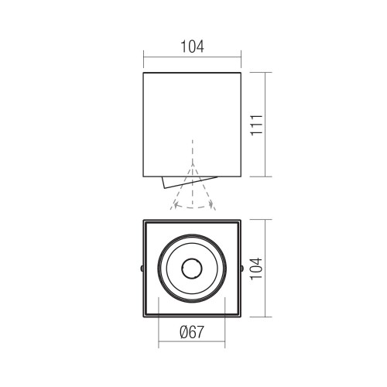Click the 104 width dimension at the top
pyautogui.click(x=192, y=46)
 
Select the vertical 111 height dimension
pyautogui.click(x=257, y=125)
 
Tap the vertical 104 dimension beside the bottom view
pyautogui.click(x=257, y=268)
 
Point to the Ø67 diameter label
pyautogui.click(x=192, y=332)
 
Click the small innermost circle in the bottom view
pyautogui.click(x=192, y=269)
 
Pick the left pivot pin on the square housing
pyautogui.click(x=142, y=269)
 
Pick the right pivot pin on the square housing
pyautogui.click(x=242, y=269)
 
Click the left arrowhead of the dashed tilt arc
pyautogui.click(x=176, y=205)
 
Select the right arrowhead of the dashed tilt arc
pyautogui.click(x=211, y=204)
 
